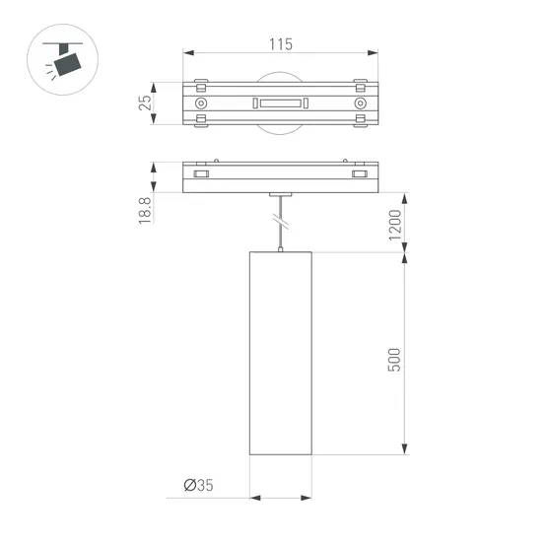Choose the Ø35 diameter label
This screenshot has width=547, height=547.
pyautogui.click(x=198, y=485)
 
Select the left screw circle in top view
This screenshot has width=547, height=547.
pyautogui.click(x=201, y=103)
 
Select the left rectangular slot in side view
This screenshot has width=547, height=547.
pyautogui.click(x=202, y=174)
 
